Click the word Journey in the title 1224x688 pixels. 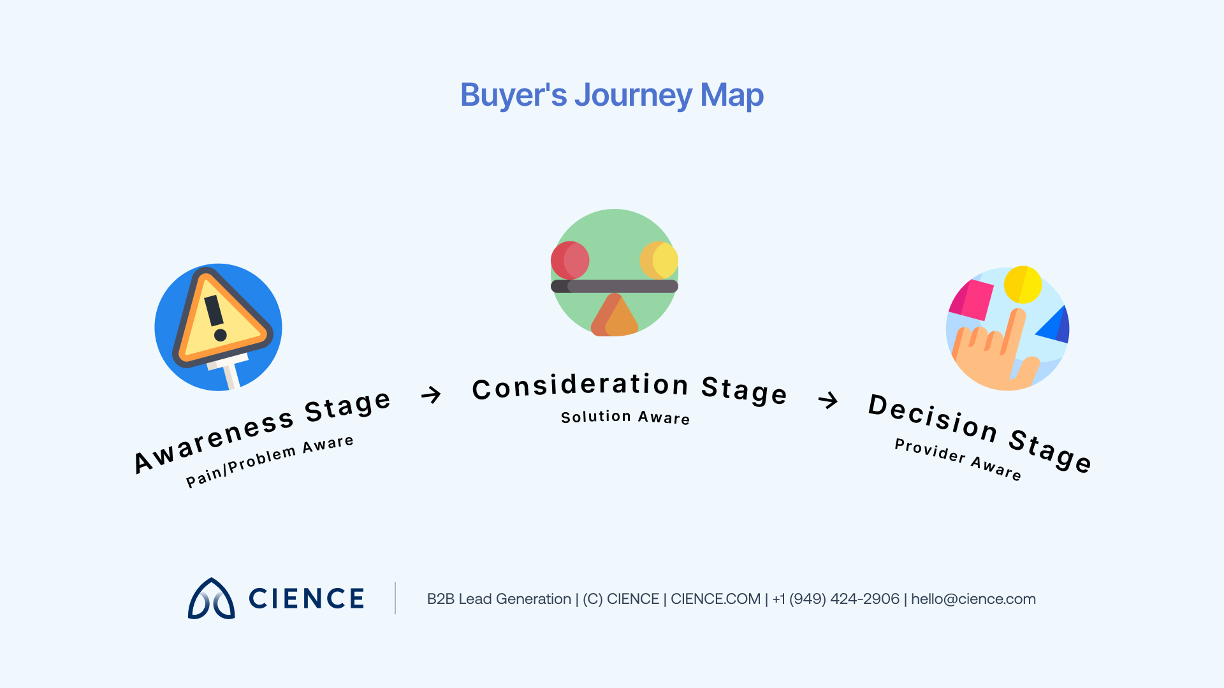point(633,96)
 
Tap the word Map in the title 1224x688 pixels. point(731,96)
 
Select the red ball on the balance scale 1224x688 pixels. point(570,260)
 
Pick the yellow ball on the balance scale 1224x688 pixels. point(659,260)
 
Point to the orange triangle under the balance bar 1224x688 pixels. point(615,317)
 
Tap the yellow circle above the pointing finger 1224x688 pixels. point(1023,284)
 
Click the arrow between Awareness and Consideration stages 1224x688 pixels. point(432,395)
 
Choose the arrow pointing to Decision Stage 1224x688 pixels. point(827,400)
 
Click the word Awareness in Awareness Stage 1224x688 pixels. point(214,440)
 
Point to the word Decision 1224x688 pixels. point(933,417)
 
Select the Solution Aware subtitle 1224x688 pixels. point(625,417)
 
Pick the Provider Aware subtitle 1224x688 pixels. point(958,459)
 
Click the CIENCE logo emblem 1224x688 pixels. point(211,599)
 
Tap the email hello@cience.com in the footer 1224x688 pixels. point(973,599)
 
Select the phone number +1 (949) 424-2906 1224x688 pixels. point(835,599)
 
